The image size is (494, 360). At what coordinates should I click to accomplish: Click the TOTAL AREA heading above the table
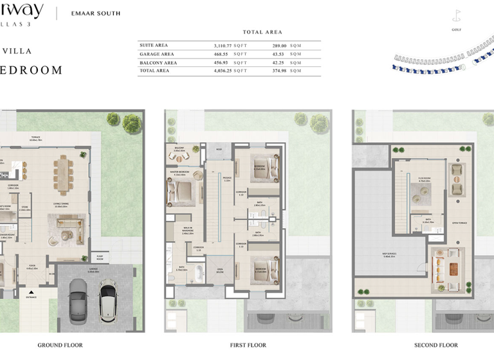(262, 32)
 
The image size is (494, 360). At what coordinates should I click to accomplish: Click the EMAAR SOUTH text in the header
(95, 13)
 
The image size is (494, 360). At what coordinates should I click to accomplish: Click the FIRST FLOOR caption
(248, 345)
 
